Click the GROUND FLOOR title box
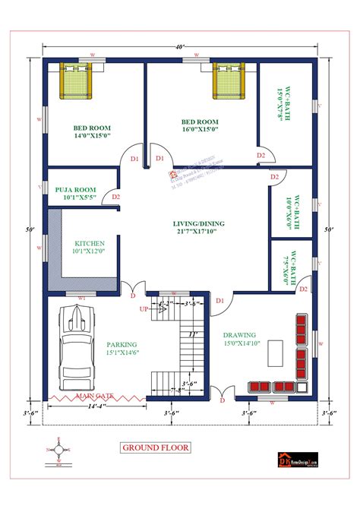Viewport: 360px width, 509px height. pyautogui.click(x=156, y=447)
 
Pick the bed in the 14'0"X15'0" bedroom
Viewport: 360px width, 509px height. pyautogui.click(x=75, y=80)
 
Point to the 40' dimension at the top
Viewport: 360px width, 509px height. pyautogui.click(x=179, y=47)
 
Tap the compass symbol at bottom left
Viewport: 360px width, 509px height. pyautogui.click(x=59, y=450)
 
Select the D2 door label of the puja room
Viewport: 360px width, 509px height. pyautogui.click(x=116, y=197)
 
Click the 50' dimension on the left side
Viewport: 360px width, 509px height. pyautogui.click(x=28, y=229)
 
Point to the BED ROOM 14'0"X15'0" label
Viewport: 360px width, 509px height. pyautogui.click(x=92, y=131)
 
